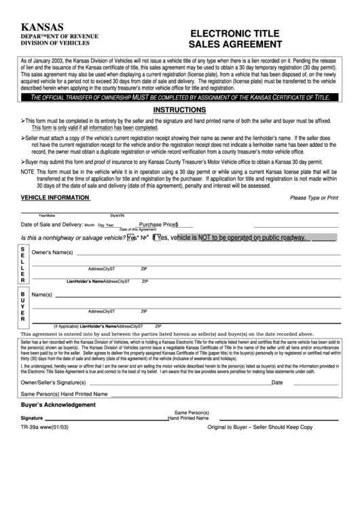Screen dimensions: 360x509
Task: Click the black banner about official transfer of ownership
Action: (x=180, y=98)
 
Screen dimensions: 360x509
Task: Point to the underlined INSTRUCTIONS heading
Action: (x=179, y=109)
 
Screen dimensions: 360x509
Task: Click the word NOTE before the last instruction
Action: (x=27, y=173)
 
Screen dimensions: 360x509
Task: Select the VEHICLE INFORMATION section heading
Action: (x=55, y=198)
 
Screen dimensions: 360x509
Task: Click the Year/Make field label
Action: (x=46, y=215)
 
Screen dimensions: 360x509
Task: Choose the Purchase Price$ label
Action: (x=158, y=224)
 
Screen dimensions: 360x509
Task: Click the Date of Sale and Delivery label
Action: (x=52, y=224)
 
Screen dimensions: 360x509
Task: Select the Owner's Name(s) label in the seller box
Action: (x=52, y=253)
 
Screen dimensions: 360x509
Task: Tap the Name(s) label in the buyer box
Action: (x=41, y=294)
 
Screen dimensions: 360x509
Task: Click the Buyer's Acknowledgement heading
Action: (x=58, y=405)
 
